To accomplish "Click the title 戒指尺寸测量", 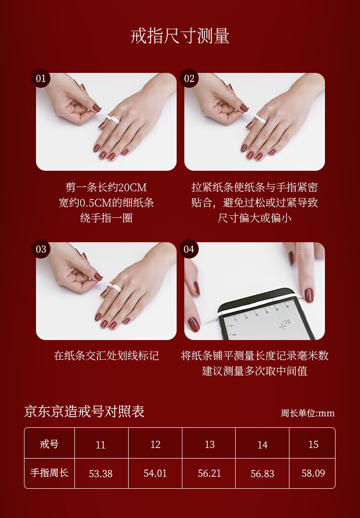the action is click(x=180, y=36).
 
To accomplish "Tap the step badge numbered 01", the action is click(x=41, y=78).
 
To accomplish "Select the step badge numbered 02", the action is click(x=189, y=78).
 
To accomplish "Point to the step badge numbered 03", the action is click(x=41, y=249).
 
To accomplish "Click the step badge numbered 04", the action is click(x=189, y=249).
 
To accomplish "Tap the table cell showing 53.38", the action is click(x=101, y=473).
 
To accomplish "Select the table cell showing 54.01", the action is click(x=155, y=473).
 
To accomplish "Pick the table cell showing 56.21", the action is click(x=209, y=473).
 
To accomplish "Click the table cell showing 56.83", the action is click(x=263, y=473).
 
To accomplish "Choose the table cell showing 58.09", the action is click(x=313, y=473).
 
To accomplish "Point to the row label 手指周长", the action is click(x=49, y=473).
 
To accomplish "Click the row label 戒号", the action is click(x=49, y=444).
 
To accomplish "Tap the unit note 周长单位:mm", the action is click(x=308, y=413).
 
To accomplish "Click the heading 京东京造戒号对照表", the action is click(x=84, y=412).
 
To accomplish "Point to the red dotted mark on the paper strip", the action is click(x=112, y=285).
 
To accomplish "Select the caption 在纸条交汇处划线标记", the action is click(x=107, y=356).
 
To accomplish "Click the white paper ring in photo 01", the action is click(x=112, y=119).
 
